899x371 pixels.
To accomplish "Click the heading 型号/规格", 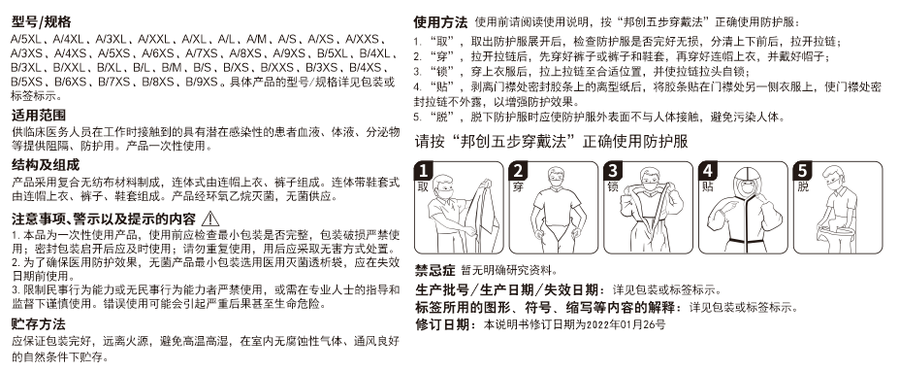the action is coord(42,22).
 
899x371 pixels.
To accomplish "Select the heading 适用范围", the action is coord(39,116).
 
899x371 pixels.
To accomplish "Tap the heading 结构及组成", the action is coord(46,166).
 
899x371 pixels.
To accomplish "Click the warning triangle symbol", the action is coord(210,219).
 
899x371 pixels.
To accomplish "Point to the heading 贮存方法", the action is coord(39,324).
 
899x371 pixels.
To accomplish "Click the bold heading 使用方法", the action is coord(441,22).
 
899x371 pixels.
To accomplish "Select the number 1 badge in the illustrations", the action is coord(424,171).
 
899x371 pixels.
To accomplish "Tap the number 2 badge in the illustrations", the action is coord(518,171).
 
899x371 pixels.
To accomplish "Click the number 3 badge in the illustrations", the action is coord(613,171).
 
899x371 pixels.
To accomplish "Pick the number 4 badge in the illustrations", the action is coord(708,171).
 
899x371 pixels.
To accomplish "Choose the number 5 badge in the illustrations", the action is coord(802,171).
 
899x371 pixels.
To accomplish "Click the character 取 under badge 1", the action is coord(423,187).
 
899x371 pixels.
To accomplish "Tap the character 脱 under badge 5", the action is coord(802,187).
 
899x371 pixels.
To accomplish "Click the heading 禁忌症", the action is coord(434,271).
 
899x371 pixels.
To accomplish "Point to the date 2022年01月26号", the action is coord(628,325).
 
